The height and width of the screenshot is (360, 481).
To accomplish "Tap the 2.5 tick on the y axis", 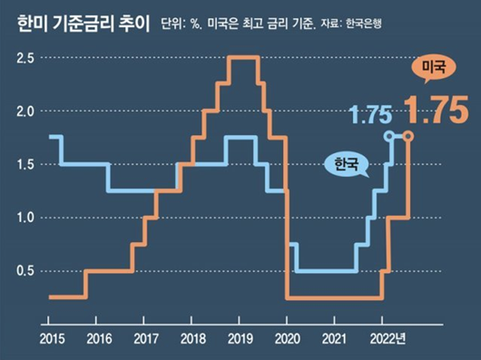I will pos(26,58).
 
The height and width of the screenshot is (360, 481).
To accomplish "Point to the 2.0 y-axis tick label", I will pos(26,112).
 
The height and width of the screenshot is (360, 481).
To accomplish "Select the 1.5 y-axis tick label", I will pos(26,164).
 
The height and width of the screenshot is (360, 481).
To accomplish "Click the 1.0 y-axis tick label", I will pos(26,218).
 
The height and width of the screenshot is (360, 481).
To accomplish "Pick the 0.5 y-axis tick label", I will pos(26,271).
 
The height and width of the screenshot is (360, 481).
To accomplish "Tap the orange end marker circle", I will pos(408,136).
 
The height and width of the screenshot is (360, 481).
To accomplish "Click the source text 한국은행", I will pos(363,24).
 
